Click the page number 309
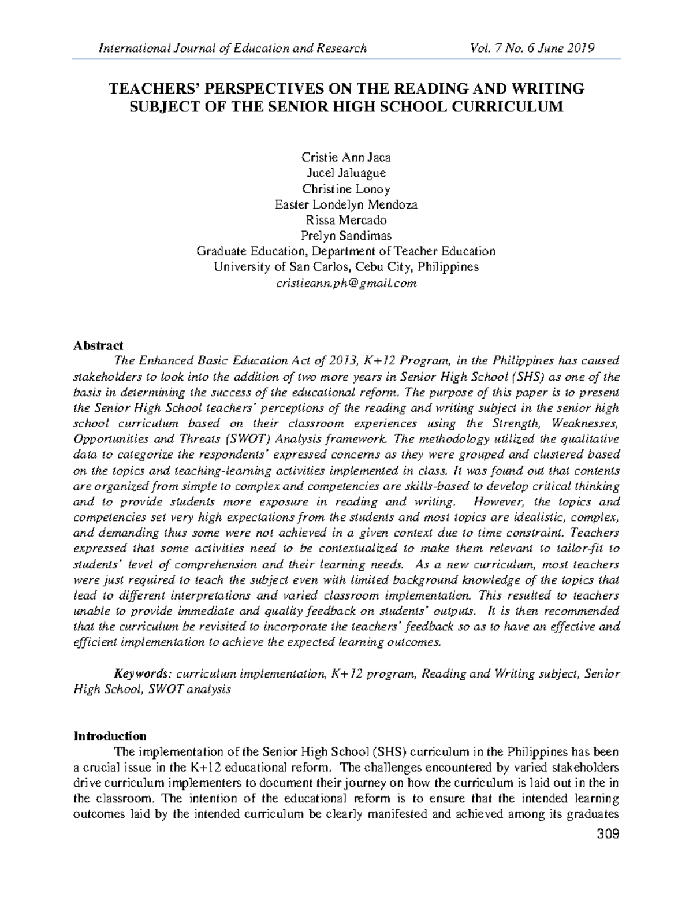(609, 834)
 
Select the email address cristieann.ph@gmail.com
(346, 283)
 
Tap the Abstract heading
(98, 346)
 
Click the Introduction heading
(110, 736)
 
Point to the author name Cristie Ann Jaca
(346, 157)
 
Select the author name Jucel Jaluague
(346, 173)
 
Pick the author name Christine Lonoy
(346, 189)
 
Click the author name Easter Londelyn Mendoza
(346, 204)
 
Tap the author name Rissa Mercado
(346, 220)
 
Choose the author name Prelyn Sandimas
(346, 236)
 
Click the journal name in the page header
(233, 48)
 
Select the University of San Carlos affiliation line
(346, 267)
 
